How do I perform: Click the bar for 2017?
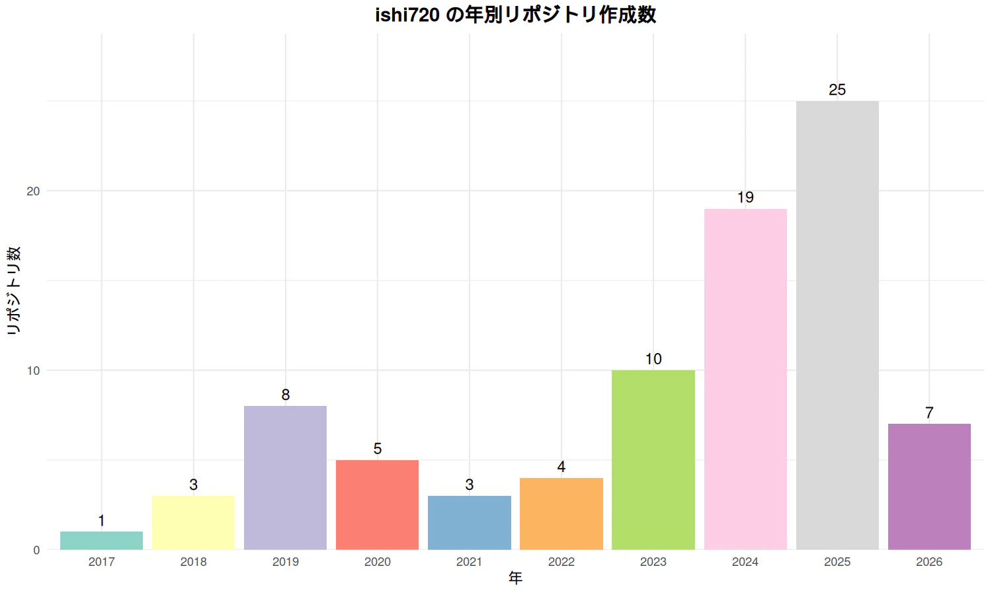(101, 540)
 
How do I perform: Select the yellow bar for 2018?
(193, 522)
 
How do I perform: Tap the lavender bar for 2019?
(285, 477)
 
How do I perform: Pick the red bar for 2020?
(377, 504)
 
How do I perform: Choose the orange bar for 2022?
(561, 514)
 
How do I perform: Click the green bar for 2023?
(653, 459)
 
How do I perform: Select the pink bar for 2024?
(745, 379)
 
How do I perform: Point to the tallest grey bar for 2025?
(837, 325)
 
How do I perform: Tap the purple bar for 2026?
(929, 487)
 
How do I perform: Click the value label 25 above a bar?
(837, 90)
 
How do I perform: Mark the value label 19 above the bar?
(745, 198)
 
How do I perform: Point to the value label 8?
(285, 395)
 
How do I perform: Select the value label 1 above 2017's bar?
(101, 521)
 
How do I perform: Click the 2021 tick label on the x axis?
(469, 562)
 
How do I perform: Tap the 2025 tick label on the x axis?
(837, 562)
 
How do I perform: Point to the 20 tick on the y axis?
(33, 191)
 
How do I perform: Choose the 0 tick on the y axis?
(36, 550)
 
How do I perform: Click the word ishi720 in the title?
(407, 15)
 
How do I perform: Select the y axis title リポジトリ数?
(14, 291)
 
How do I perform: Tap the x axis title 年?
(515, 578)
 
